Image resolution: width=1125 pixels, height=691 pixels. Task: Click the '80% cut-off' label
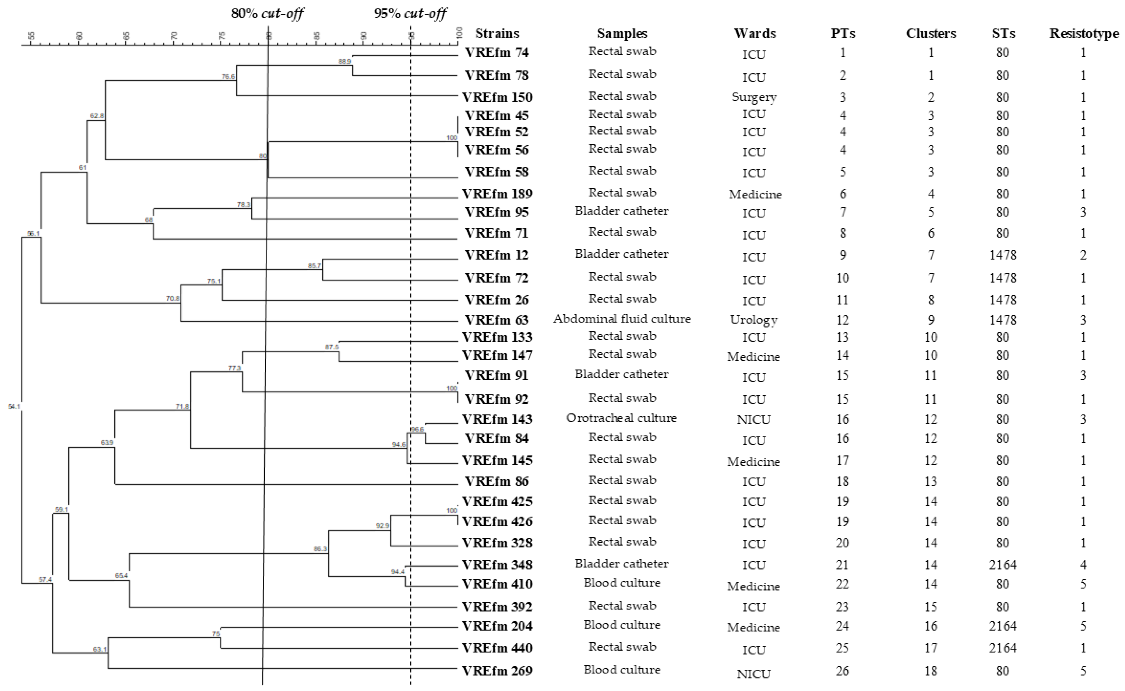pos(268,14)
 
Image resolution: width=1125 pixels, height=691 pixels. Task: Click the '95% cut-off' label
pos(410,14)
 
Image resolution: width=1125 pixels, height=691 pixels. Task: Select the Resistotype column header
pos(1084,34)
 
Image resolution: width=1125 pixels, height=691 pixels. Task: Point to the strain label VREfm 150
pos(497,97)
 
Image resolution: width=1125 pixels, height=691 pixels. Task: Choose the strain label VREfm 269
pos(497,671)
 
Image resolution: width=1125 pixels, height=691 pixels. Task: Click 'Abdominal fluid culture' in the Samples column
pos(622,319)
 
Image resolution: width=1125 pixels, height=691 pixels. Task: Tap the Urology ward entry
pos(753,320)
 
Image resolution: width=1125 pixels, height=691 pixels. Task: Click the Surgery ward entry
pos(754,97)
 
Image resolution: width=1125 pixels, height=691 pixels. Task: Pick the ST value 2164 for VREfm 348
pos(1002,565)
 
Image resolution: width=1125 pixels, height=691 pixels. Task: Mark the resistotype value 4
pos(1083,565)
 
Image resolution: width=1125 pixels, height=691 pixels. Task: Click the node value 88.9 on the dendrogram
pos(345,61)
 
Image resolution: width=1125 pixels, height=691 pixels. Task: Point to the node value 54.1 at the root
pos(14,406)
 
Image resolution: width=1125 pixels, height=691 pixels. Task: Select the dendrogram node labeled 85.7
pos(315,266)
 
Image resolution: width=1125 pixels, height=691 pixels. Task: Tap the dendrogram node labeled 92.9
pos(382,526)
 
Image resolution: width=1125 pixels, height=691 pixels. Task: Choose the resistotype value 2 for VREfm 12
pos(1083,255)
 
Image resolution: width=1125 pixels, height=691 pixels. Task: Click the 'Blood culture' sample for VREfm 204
pos(622,625)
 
